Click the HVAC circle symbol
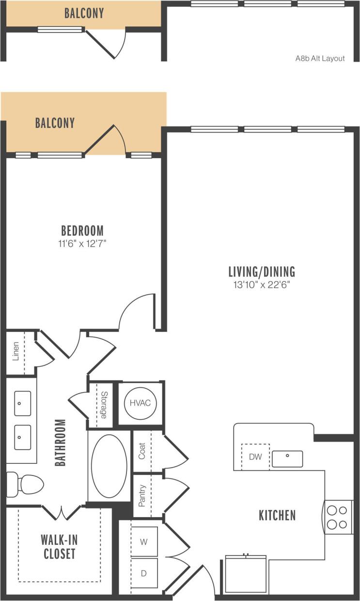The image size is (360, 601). coord(140,403)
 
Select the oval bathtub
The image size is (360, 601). coord(109,466)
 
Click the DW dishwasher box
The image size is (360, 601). coord(255,457)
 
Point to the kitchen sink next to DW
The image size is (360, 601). coord(287,458)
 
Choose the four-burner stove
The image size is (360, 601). coord(337,517)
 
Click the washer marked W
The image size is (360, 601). coord(144,542)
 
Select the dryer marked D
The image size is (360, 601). coord(144,573)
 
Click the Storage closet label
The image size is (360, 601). coord(103,405)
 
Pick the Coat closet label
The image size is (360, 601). coord(142,452)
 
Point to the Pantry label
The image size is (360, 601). coord(142,496)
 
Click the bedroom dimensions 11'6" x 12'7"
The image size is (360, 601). coord(82,243)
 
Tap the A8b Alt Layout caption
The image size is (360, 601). coord(320,58)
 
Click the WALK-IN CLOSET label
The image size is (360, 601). coord(59,546)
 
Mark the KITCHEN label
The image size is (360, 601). coord(277,515)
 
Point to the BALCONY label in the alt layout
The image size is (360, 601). coord(84,13)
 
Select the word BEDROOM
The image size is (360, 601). coord(82,230)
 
